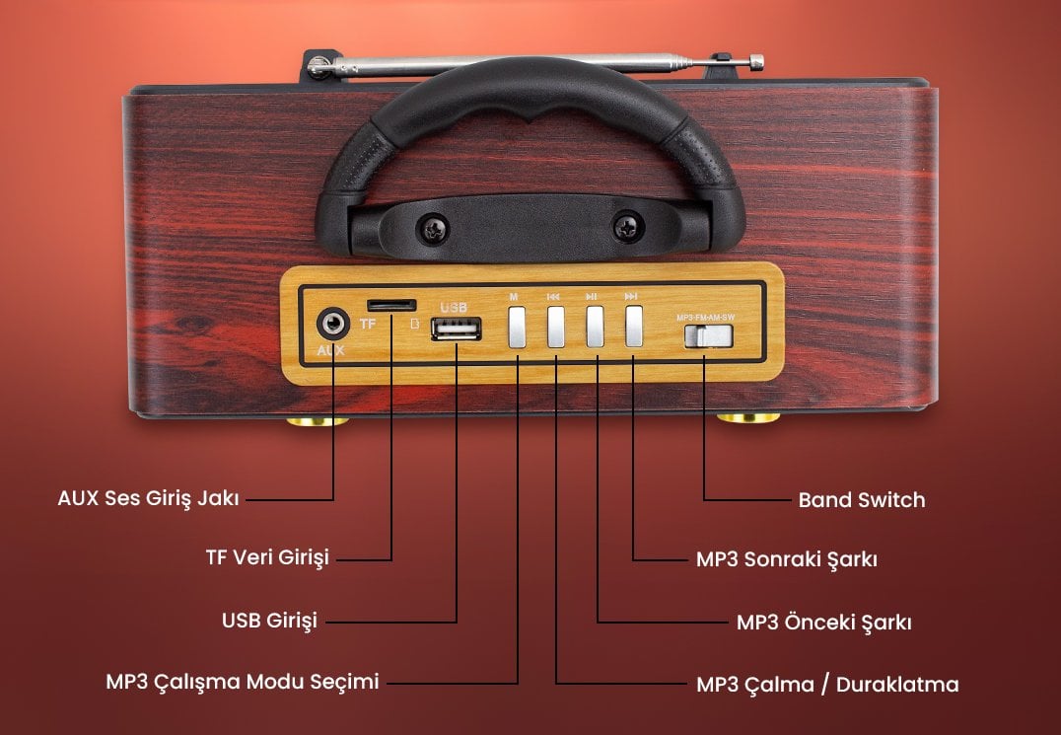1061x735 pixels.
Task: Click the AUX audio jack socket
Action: click(x=332, y=324)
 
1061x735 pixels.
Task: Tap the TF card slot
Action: click(x=390, y=304)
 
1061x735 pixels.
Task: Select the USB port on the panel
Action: click(x=457, y=329)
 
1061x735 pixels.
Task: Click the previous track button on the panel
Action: click(x=555, y=327)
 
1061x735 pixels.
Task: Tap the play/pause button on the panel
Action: click(x=595, y=327)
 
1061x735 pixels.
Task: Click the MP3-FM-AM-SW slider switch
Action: click(x=709, y=335)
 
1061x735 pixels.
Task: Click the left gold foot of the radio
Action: click(x=317, y=420)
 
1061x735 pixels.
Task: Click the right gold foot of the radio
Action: click(x=747, y=418)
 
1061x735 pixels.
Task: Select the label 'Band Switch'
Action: click(x=861, y=500)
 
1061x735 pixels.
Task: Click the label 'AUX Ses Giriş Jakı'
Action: click(x=148, y=498)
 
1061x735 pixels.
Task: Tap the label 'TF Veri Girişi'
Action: click(x=266, y=558)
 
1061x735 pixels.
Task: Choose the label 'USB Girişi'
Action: click(x=269, y=621)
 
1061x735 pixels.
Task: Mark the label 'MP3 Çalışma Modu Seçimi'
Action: click(x=242, y=682)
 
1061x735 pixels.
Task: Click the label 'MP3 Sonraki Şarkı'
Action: click(x=786, y=559)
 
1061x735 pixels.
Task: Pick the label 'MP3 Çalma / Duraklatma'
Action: click(x=826, y=684)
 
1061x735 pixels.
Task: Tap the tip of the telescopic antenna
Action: click(x=756, y=63)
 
